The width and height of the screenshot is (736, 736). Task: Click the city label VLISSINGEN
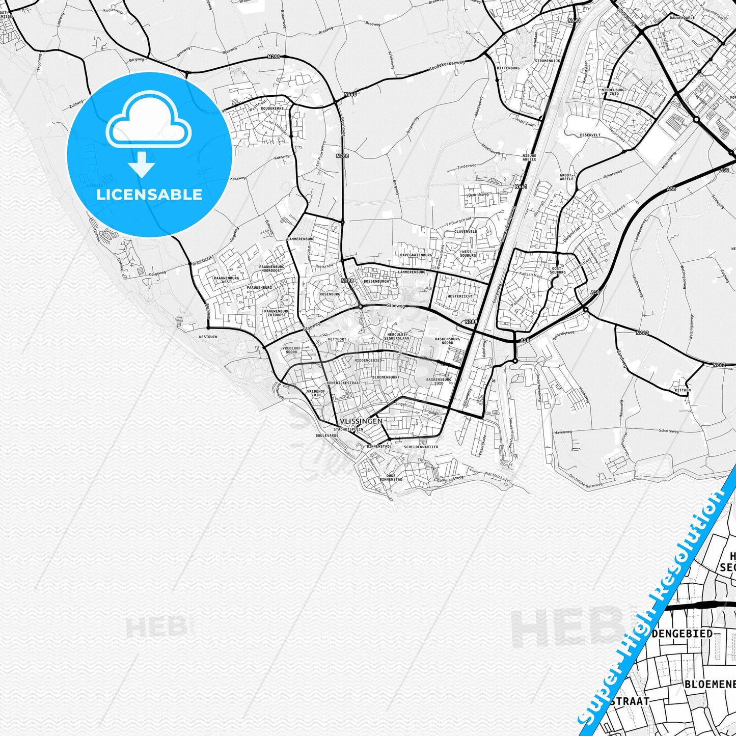coord(361,421)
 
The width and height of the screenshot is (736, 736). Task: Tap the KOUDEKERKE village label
coord(271,108)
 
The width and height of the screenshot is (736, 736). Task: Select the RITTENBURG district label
coord(508,68)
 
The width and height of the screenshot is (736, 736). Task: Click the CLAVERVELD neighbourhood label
coord(466,231)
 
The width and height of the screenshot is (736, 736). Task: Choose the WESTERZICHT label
coord(459,296)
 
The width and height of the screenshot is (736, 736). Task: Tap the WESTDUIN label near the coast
coord(208,337)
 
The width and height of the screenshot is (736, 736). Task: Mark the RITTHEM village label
coord(682,390)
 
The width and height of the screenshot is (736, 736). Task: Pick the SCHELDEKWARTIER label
coord(421,447)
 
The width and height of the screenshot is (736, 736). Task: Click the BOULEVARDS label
coord(326,436)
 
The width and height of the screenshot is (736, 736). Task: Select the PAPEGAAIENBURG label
coord(416,255)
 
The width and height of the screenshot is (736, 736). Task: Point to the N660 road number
coord(350,94)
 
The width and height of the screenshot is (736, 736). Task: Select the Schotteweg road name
coord(668,431)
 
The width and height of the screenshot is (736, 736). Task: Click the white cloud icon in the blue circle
coord(149,122)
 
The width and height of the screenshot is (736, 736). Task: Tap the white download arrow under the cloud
coord(142,166)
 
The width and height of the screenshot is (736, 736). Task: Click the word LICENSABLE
coord(149,194)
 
